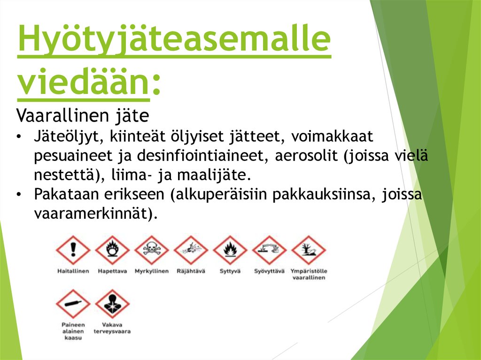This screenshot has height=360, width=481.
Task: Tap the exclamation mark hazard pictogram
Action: (73, 250)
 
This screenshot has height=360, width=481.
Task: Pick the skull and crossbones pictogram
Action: (151, 250)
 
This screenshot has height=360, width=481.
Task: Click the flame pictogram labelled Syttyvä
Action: (230, 250)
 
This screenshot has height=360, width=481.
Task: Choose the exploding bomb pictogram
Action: (191, 250)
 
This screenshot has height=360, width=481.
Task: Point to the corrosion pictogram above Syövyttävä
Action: (269, 250)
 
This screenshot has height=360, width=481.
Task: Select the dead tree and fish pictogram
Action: (309, 250)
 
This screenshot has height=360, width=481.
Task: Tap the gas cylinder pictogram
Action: (73, 304)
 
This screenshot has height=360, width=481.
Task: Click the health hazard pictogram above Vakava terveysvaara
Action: (112, 304)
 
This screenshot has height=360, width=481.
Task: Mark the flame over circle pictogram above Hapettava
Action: (112, 250)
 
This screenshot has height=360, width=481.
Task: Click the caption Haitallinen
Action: (73, 271)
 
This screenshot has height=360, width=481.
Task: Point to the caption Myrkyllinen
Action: (151, 271)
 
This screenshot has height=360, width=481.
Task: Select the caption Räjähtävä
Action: (191, 271)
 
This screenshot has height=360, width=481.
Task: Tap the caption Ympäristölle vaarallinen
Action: (309, 275)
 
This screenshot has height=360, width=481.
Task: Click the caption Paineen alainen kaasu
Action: (72, 331)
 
